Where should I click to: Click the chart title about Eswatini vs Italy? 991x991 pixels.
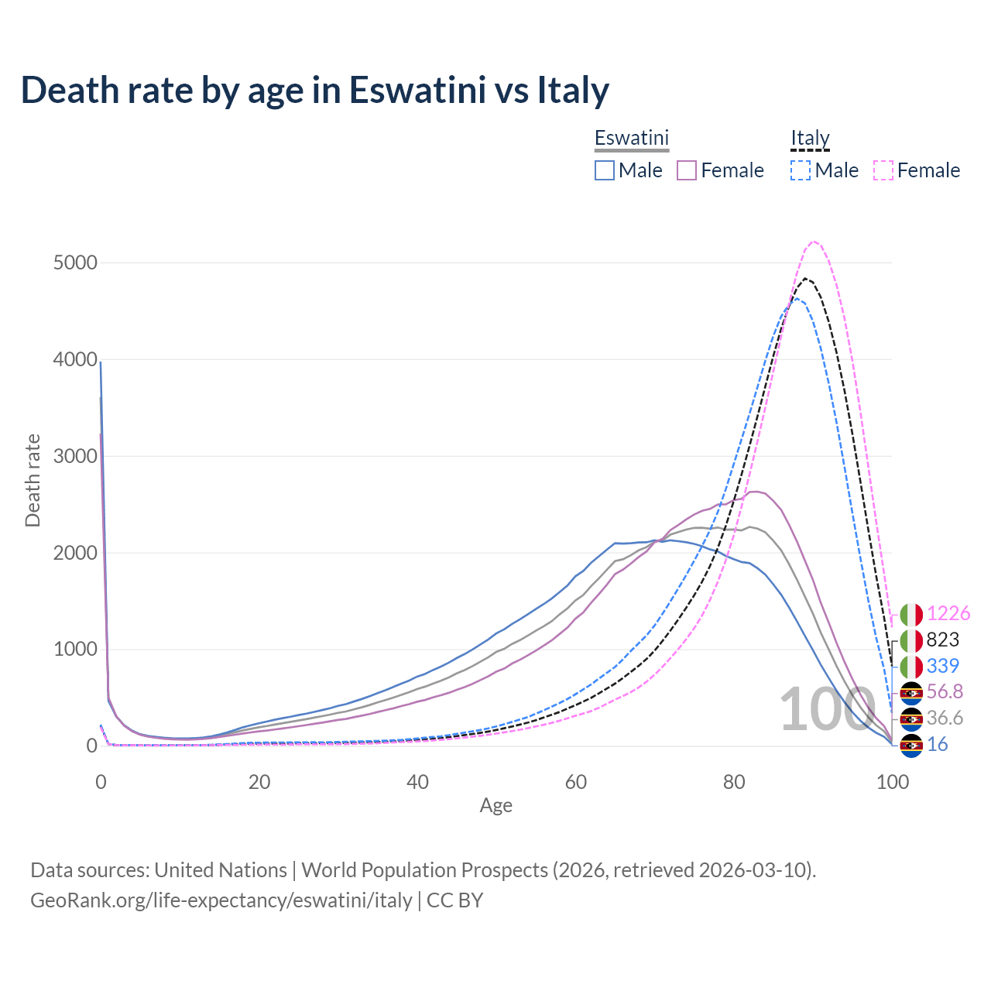point(315,90)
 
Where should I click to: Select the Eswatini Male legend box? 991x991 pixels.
point(605,170)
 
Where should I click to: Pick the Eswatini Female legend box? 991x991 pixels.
point(687,170)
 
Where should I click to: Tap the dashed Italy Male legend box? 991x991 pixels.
point(801,170)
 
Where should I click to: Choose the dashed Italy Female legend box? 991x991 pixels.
point(883,170)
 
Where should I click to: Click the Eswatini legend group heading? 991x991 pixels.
point(631,139)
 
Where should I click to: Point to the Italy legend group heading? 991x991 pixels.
point(810,139)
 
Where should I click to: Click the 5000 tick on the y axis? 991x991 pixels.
point(75,263)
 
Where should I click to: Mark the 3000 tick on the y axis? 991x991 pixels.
point(75,456)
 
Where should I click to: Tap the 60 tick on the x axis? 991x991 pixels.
point(575,782)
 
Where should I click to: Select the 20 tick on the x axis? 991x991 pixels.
point(259,782)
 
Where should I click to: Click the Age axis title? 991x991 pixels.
point(495,806)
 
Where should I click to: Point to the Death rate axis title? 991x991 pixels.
point(33,481)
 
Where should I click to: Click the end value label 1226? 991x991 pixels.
point(948,614)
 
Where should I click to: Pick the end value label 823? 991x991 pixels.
point(942,640)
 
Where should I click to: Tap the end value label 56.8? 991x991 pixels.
point(945,692)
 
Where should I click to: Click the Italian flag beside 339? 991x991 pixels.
point(911,667)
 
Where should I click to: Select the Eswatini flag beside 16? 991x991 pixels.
point(911,745)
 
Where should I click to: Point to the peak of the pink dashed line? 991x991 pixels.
point(814,242)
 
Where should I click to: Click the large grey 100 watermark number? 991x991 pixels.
point(827,710)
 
